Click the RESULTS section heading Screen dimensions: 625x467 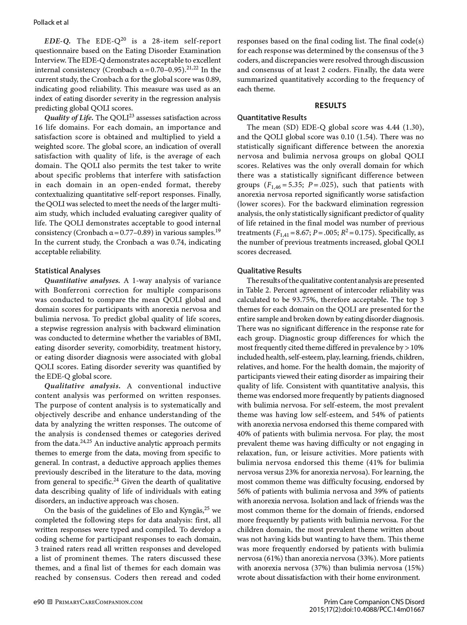330,105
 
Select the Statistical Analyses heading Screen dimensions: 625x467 67,271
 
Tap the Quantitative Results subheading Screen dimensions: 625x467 272,117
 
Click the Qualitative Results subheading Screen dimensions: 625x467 269,271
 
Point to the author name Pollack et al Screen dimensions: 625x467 48,22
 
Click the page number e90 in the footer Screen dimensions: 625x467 39,602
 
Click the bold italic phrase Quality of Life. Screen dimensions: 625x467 69,118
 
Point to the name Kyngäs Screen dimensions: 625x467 190,511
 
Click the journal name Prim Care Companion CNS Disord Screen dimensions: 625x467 374,602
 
